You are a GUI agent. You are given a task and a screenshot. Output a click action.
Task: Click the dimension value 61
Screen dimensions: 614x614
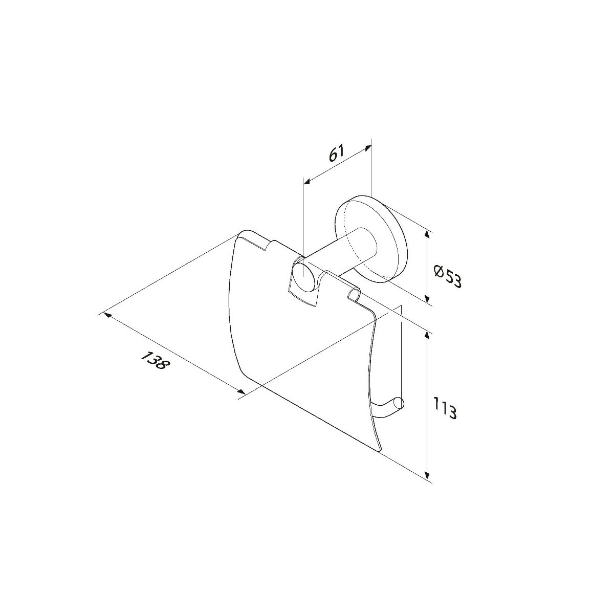point(337,154)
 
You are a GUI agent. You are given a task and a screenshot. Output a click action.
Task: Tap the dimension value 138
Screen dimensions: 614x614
point(153,360)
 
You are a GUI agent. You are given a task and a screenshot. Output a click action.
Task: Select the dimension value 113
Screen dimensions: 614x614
point(446,408)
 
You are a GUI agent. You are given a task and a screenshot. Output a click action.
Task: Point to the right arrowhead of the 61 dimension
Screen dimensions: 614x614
point(367,148)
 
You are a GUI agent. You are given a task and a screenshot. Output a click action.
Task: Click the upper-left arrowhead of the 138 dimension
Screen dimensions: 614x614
point(108,316)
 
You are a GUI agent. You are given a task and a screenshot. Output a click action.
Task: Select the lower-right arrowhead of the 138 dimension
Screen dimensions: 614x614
point(240,392)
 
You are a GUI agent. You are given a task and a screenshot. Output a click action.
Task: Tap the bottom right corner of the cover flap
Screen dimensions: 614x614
point(379,450)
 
